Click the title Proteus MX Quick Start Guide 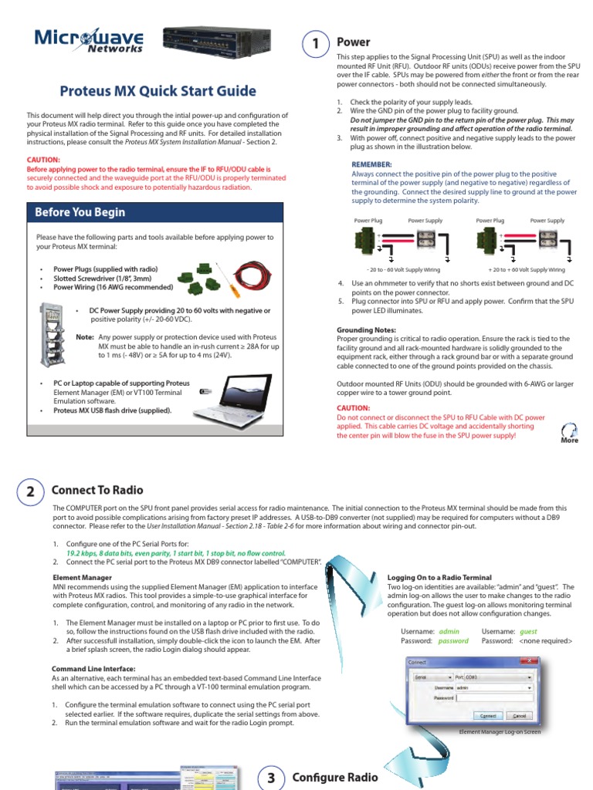(158, 91)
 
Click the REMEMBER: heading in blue (371, 164)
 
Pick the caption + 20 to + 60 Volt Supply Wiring (526, 270)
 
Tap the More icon (569, 433)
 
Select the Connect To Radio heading (97, 490)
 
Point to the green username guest (529, 631)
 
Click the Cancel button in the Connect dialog (519, 716)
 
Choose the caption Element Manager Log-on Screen (500, 731)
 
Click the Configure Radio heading (335, 777)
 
